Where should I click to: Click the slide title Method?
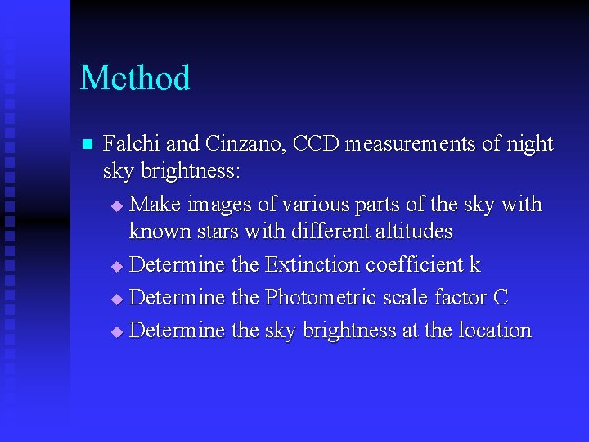click(x=135, y=79)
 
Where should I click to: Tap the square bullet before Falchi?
click(x=88, y=145)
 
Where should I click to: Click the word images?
click(x=217, y=203)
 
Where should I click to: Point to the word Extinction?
click(x=312, y=265)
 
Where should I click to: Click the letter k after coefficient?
click(x=474, y=265)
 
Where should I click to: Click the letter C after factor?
click(x=501, y=298)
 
